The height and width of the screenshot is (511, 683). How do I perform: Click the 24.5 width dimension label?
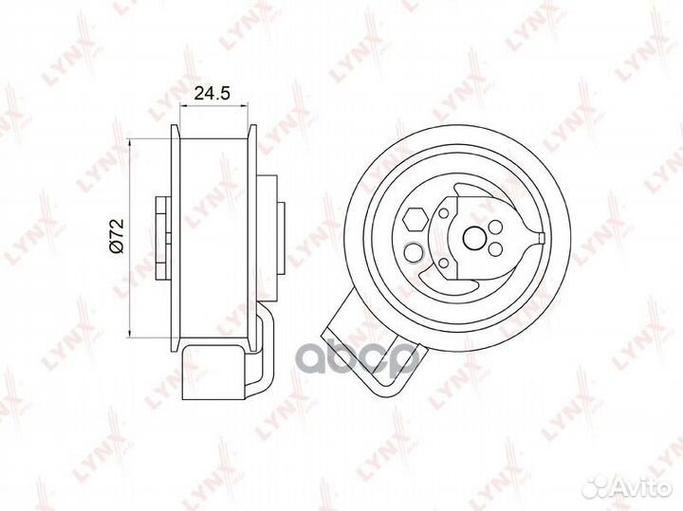212,94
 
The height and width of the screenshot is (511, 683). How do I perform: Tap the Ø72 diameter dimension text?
114,234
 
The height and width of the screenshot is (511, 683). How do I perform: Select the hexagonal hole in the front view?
415,219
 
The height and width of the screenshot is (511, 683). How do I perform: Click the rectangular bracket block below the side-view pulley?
212,372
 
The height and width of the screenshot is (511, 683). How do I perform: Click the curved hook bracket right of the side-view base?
264,353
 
